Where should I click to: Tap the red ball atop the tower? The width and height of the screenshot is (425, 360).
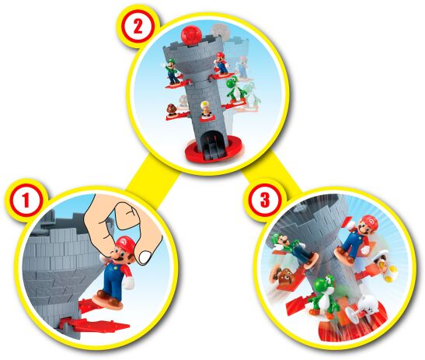tap(191, 37)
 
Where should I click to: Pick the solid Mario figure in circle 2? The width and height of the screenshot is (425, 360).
tap(221, 63)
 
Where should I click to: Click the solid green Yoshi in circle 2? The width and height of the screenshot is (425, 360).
tap(235, 91)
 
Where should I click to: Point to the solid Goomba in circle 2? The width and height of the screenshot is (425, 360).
tap(170, 109)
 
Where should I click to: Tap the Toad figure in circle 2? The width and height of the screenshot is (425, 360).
tap(206, 110)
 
